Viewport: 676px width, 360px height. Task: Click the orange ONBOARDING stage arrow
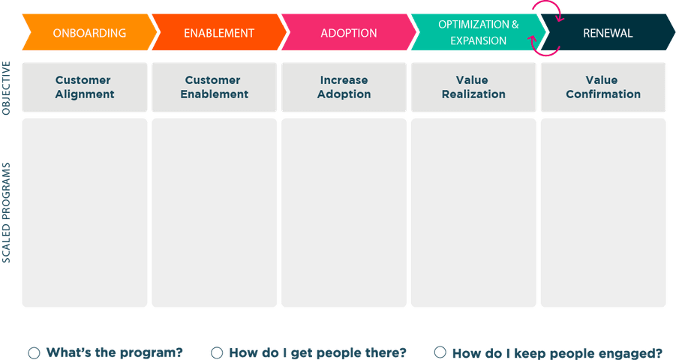click(x=90, y=32)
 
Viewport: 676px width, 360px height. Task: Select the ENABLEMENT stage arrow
click(x=219, y=32)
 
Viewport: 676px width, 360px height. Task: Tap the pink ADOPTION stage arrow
click(x=349, y=32)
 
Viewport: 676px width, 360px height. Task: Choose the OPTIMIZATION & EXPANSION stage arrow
click(x=479, y=32)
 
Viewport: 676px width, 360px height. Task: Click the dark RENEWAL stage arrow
click(x=608, y=32)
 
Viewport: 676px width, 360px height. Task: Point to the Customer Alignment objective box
click(x=85, y=88)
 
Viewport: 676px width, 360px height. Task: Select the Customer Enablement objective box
click(x=215, y=88)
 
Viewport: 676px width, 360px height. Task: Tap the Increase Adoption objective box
click(x=344, y=88)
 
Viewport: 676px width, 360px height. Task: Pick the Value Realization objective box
click(x=473, y=88)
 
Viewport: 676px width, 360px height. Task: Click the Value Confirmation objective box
click(x=603, y=88)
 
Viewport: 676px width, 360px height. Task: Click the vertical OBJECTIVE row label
click(x=6, y=88)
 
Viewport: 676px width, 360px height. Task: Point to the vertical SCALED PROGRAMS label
click(x=6, y=212)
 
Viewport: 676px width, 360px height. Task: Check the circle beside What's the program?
click(x=34, y=353)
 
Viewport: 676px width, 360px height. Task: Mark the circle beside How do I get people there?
click(x=217, y=352)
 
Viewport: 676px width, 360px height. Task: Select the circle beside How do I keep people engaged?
click(x=440, y=352)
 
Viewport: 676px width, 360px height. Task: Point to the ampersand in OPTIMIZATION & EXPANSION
click(x=515, y=24)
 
